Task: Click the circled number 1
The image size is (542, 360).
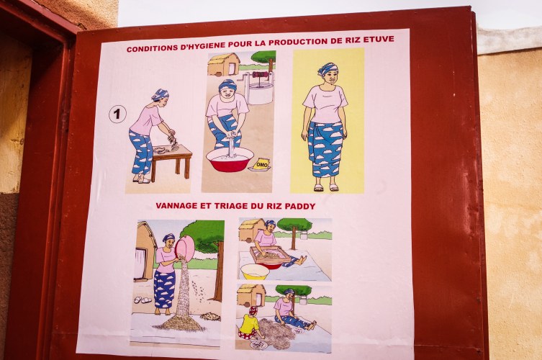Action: click(117, 114)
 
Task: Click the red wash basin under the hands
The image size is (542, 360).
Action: click(230, 159)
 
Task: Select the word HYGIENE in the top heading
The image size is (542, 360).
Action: click(202, 46)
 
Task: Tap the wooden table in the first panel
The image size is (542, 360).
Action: click(172, 162)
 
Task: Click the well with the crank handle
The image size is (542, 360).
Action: click(259, 88)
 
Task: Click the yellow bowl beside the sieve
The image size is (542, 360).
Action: click(255, 272)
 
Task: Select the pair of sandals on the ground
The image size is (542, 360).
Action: click(142, 300)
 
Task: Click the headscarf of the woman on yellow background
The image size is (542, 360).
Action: click(327, 69)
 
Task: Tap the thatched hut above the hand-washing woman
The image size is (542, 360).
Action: click(224, 65)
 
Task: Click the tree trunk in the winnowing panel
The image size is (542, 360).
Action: click(219, 271)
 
